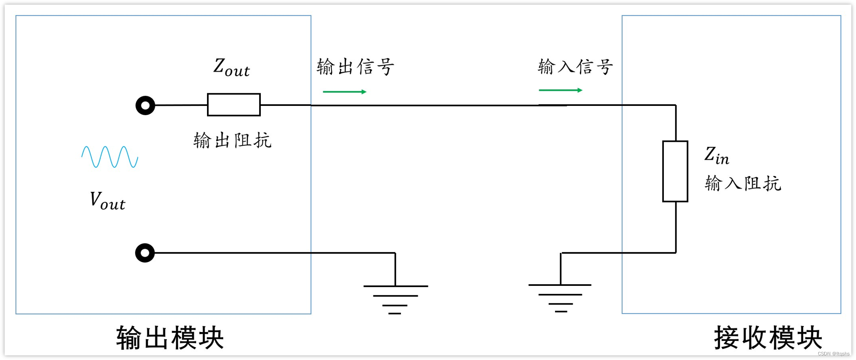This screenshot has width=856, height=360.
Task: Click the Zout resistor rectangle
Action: tap(234, 105)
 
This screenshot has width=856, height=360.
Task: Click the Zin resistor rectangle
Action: tap(675, 171)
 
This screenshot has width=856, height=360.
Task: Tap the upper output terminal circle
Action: tap(145, 105)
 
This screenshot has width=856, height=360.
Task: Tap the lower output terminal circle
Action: tap(145, 253)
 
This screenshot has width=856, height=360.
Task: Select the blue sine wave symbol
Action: tap(110, 157)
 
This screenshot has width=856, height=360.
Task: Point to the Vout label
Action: tap(108, 201)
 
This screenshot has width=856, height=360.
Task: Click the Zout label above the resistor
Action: tap(231, 67)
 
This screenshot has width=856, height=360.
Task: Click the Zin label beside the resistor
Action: tap(716, 156)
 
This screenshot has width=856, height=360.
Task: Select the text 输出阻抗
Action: tap(232, 140)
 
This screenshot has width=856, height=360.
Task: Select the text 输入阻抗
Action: tap(743, 183)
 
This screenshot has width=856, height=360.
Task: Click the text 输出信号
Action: tap(355, 67)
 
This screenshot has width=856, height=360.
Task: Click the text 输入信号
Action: tap(575, 67)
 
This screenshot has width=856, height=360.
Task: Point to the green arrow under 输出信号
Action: tap(345, 91)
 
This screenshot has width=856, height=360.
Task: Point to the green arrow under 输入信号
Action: tap(561, 90)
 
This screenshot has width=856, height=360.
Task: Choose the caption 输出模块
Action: tap(170, 338)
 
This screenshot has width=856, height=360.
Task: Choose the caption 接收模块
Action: tap(768, 338)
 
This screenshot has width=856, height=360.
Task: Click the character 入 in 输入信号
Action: tap(566, 67)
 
